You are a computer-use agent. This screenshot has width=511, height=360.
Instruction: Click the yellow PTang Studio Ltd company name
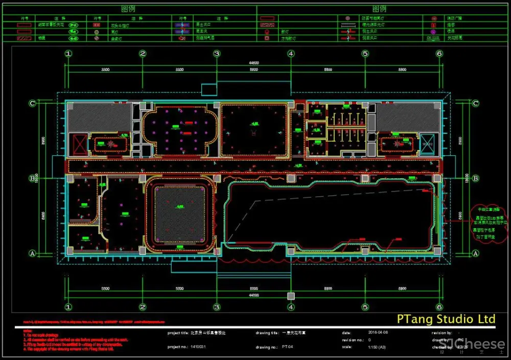pos(446,319)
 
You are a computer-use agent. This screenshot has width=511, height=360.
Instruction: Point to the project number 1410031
pos(200,347)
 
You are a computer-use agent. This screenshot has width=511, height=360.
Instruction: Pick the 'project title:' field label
pos(178,332)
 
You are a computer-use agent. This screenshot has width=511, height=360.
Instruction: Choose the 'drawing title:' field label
pos(267,332)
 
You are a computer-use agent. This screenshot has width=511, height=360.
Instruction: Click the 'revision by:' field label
pos(442,332)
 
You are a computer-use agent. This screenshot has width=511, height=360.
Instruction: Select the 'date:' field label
pos(346,332)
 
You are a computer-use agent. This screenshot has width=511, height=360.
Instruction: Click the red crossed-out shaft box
pos(81,145)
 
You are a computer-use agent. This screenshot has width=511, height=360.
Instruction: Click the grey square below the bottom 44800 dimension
pos(291,296)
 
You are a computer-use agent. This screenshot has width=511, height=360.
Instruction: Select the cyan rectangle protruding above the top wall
pos(212,90)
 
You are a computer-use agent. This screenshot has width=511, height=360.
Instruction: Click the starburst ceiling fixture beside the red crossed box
pos(111,145)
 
